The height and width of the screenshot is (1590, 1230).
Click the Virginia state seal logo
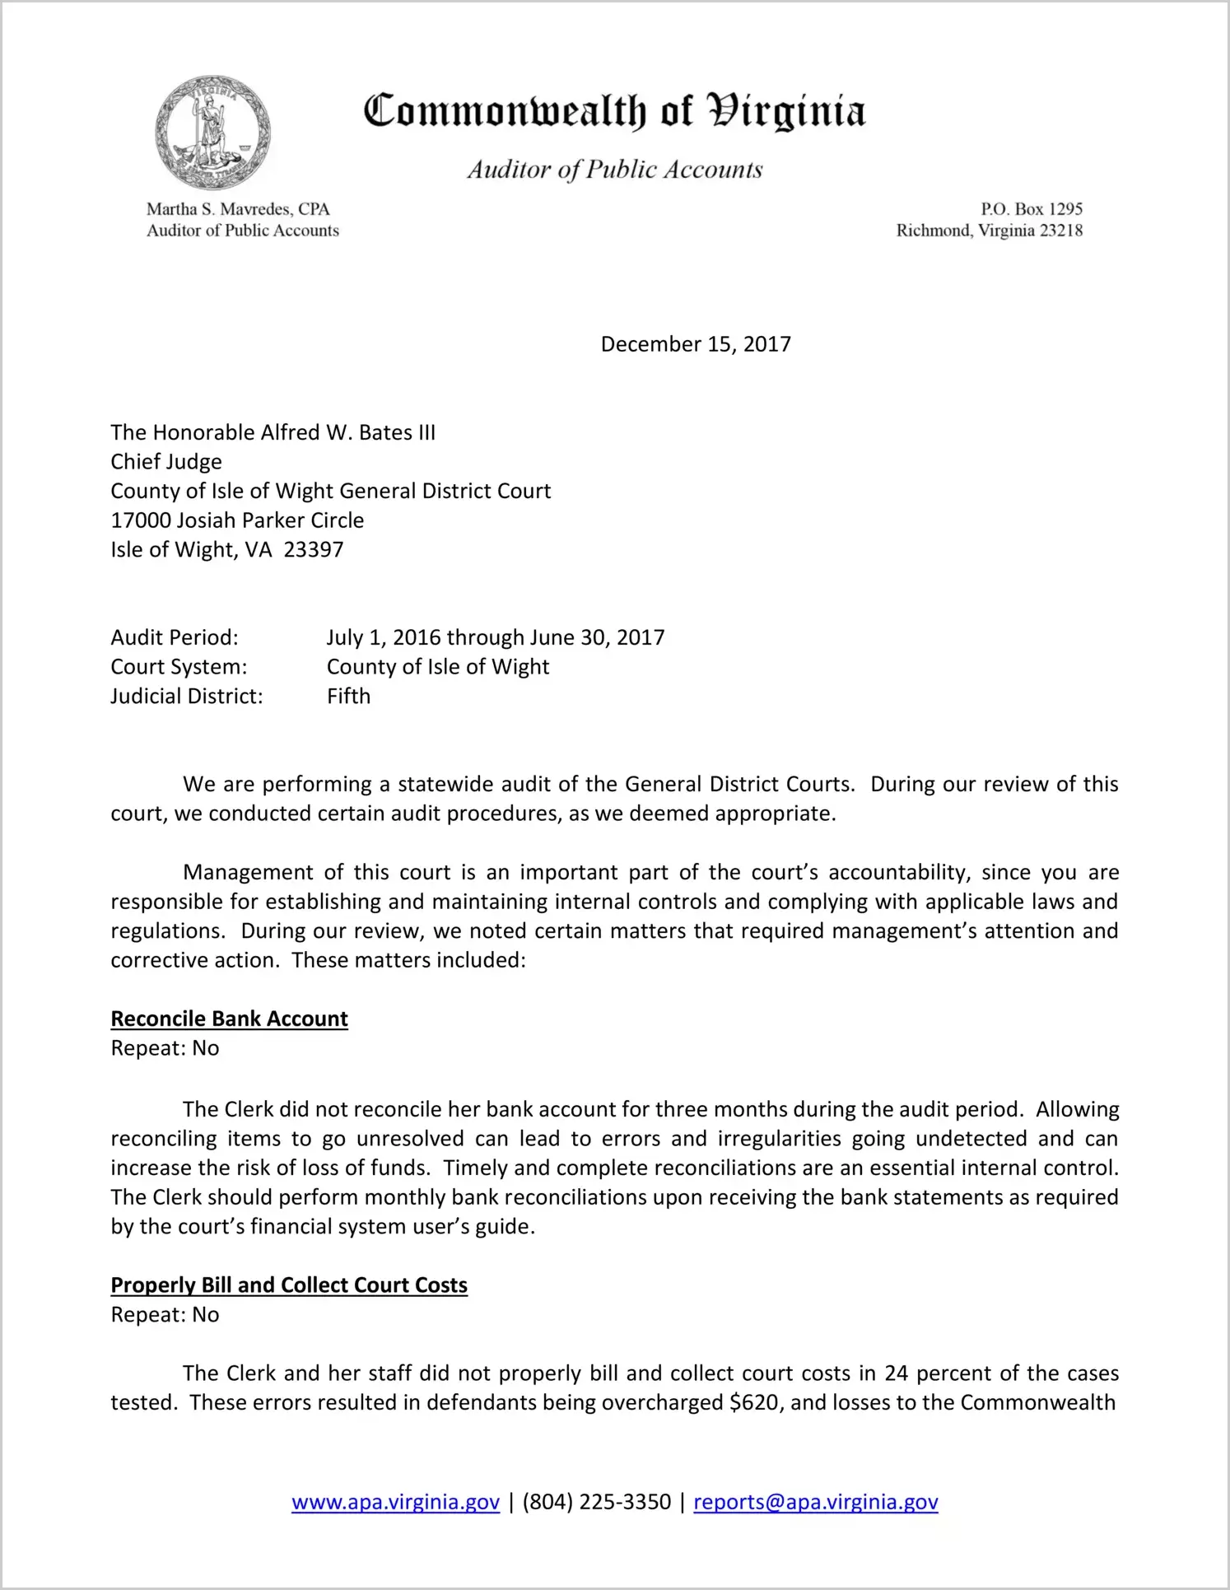coord(212,133)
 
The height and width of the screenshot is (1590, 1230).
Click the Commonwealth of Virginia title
coord(614,111)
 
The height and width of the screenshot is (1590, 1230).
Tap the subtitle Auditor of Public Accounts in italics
coord(614,170)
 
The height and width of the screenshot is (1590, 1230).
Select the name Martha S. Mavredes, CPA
coord(238,209)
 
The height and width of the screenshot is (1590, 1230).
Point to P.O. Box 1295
coord(1031,209)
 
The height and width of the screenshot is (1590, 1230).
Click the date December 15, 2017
coord(696,344)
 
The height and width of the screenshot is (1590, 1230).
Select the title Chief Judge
coord(166,462)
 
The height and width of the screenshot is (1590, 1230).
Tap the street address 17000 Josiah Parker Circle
coord(237,520)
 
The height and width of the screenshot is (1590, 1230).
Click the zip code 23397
coord(314,550)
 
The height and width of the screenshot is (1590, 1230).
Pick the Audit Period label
coord(175,637)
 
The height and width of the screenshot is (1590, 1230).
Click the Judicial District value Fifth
coord(348,697)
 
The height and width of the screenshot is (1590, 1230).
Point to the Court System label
coord(179,667)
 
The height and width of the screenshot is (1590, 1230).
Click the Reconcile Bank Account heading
coord(229,1019)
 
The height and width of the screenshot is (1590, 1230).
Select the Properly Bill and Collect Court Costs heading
coord(289,1285)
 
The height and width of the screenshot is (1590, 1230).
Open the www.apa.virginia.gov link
coord(395,1503)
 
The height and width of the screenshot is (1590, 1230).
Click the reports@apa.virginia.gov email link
coord(815,1503)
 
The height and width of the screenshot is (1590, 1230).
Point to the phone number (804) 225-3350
coord(596,1503)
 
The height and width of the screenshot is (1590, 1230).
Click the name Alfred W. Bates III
coord(348,433)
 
